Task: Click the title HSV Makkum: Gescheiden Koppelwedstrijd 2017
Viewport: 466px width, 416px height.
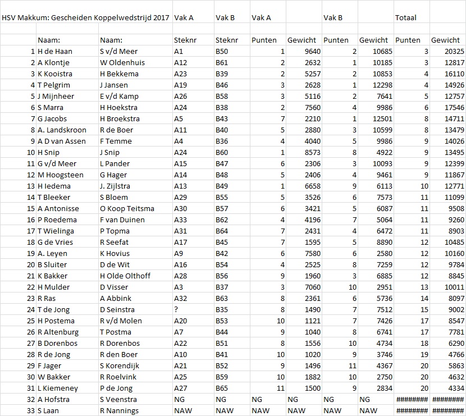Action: (x=85, y=17)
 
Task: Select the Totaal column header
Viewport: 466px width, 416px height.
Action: (x=406, y=17)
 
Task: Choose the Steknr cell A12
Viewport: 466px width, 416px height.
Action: (x=180, y=62)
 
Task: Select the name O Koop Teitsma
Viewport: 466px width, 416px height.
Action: (x=127, y=208)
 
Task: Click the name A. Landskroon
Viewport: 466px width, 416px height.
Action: (x=62, y=130)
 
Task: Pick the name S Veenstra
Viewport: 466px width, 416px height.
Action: (x=118, y=399)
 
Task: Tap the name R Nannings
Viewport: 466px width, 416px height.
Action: (x=120, y=410)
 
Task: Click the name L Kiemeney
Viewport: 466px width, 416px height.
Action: (x=58, y=388)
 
